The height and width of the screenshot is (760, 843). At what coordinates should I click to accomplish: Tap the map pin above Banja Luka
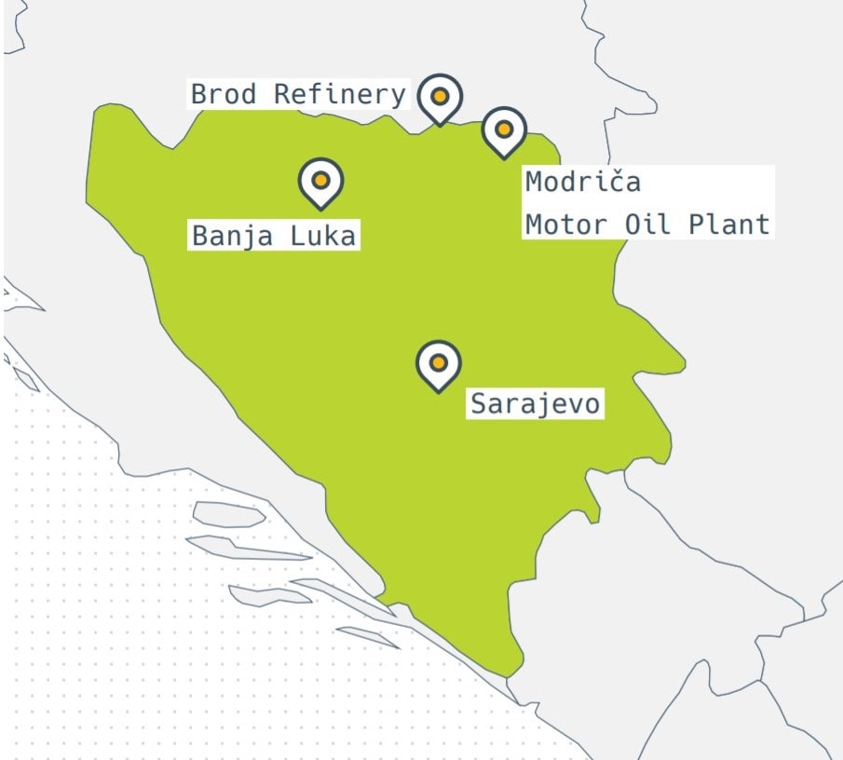tap(320, 182)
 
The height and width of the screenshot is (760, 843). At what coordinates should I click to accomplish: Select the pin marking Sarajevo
tap(439, 365)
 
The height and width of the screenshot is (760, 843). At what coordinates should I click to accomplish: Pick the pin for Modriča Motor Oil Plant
tap(504, 131)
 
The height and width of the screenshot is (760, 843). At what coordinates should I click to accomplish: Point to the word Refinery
tap(340, 94)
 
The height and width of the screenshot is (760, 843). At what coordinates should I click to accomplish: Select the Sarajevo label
tap(536, 404)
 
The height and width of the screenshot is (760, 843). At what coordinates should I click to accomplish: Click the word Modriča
tap(583, 182)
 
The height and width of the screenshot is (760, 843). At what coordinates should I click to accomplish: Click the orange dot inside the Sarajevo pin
tap(439, 361)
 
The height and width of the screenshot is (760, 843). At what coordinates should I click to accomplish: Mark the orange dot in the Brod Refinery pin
tap(440, 95)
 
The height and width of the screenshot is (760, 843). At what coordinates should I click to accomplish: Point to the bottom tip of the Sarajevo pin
tap(439, 391)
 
